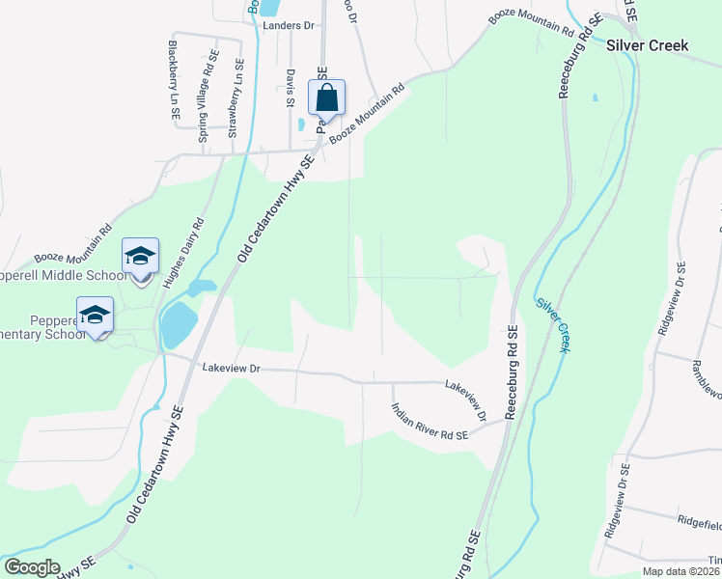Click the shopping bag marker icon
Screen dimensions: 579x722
326,98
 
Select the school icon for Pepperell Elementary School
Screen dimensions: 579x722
96,316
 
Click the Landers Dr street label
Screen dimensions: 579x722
290,25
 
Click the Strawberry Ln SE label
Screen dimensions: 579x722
234,99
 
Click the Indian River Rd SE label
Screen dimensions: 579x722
429,422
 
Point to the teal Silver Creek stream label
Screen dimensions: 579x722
553,323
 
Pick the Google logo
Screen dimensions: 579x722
32,567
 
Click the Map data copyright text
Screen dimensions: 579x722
680,571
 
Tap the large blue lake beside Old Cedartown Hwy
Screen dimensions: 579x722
178,324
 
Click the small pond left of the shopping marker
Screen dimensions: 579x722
302,124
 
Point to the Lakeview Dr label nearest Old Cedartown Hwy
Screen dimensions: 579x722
232,368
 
